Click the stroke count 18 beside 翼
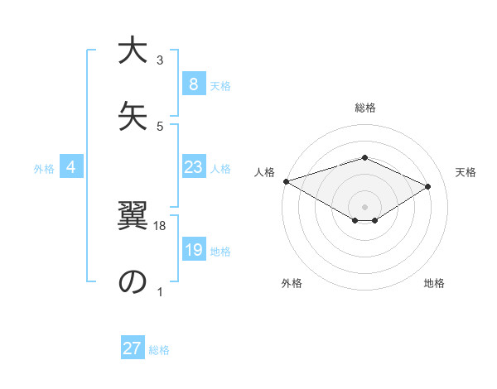click(x=161, y=226)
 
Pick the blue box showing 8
click(x=193, y=84)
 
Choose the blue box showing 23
click(x=193, y=168)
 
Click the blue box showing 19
click(x=193, y=251)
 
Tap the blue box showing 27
click(x=133, y=348)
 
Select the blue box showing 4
click(x=71, y=168)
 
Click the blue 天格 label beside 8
click(x=220, y=85)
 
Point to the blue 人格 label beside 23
click(x=220, y=169)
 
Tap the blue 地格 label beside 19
click(x=220, y=252)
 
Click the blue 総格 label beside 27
click(x=160, y=349)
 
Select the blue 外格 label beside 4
click(x=44, y=169)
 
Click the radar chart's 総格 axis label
click(x=364, y=108)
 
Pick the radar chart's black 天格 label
click(x=466, y=172)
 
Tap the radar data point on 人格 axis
click(x=286, y=180)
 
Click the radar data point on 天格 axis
click(x=428, y=186)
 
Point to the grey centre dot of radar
click(x=364, y=206)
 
